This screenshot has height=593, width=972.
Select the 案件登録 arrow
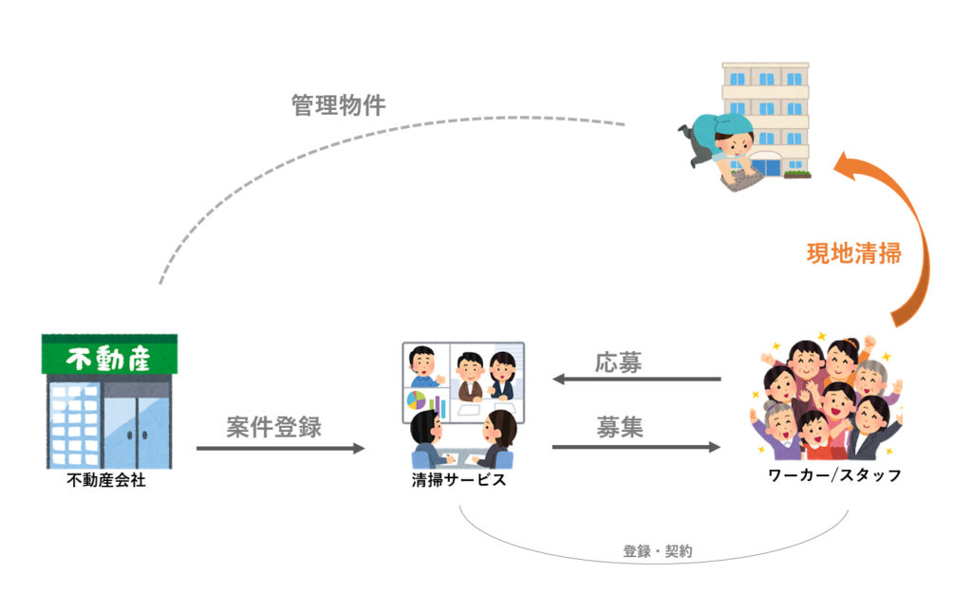(280, 447)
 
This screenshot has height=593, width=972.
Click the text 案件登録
(273, 426)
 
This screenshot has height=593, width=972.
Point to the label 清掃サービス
(458, 480)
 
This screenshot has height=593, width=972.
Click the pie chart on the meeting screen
(416, 400)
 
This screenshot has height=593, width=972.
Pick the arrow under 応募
(637, 380)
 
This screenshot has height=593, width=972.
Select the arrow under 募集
(637, 446)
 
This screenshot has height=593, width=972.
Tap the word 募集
(620, 427)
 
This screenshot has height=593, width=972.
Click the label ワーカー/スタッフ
(833, 475)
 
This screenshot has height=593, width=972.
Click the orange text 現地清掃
(852, 254)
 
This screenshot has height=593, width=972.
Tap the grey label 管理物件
(338, 104)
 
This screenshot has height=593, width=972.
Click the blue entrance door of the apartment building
(767, 167)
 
